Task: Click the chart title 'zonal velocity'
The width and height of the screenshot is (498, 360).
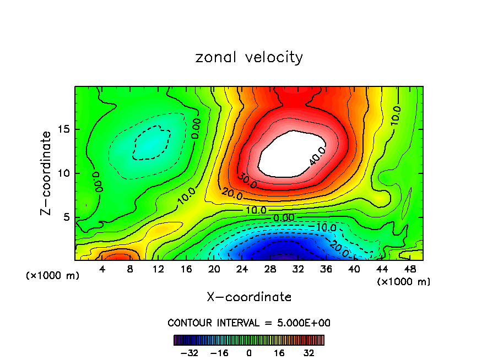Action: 249,57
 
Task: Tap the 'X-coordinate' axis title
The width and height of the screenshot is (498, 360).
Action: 249,297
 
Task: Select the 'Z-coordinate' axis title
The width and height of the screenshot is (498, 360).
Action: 47,173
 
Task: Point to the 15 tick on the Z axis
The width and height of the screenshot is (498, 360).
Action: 62,129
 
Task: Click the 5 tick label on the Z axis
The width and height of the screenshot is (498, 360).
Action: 65,217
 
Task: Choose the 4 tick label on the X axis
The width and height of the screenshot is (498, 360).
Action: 102,269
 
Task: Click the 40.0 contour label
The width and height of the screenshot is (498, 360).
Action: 318,156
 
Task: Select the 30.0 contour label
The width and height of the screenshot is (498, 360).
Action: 247,181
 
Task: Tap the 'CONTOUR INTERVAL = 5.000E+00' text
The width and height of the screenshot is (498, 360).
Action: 249,323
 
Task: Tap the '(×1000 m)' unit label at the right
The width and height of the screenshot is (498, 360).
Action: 404,282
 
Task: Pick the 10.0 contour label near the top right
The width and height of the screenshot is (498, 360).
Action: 396,116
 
